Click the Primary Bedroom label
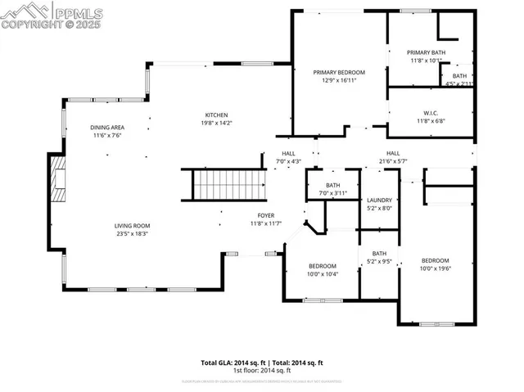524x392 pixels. [339, 72]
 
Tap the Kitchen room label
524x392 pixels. [216, 115]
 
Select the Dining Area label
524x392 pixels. [106, 128]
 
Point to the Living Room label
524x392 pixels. [131, 225]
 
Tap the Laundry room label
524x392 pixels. [380, 200]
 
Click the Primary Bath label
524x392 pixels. [427, 52]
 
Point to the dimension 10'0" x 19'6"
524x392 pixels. [436, 268]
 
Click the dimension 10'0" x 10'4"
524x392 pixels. [323, 274]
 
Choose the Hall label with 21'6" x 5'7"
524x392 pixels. [393, 153]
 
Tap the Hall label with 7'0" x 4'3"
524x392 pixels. [289, 153]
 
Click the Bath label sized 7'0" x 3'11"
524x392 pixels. [332, 186]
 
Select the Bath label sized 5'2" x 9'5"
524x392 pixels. [380, 254]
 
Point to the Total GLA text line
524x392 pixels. [262, 363]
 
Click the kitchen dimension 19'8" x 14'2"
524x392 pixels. [216, 123]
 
